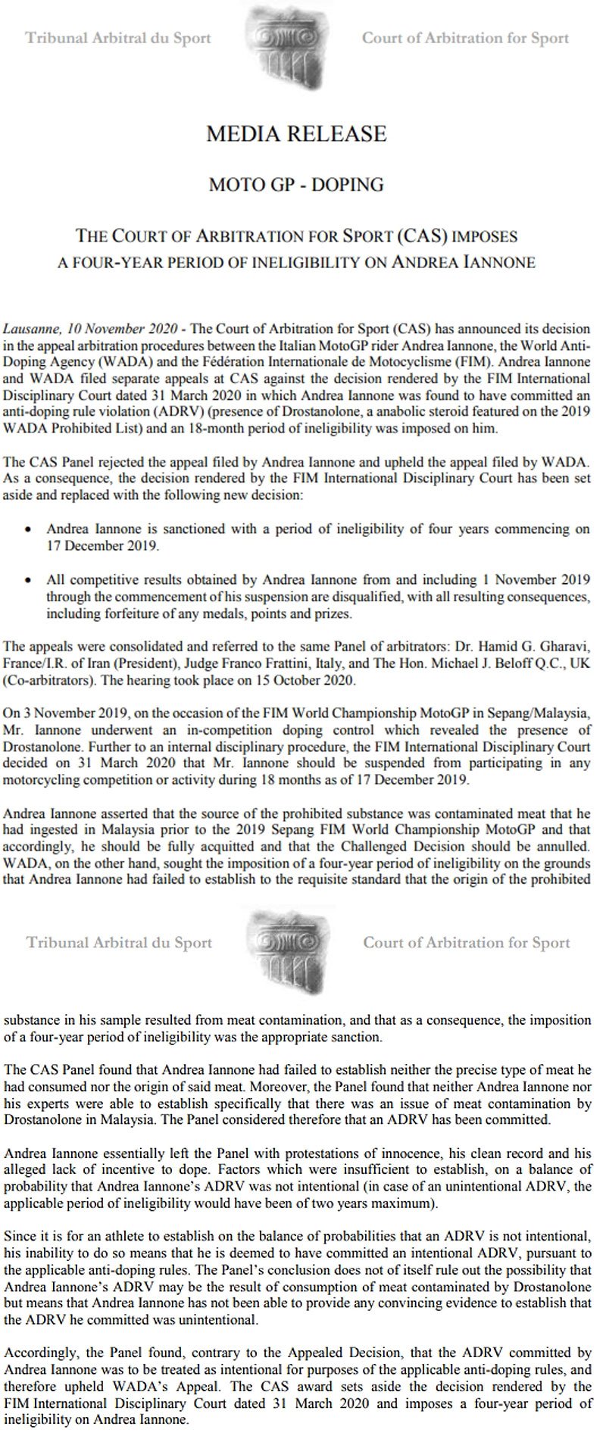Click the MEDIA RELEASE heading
coord(296,135)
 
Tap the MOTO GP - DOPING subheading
coord(296,183)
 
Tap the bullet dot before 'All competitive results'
coord(28,581)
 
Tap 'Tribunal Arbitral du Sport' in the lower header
coord(120,942)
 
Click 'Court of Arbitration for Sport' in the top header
coord(465,38)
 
